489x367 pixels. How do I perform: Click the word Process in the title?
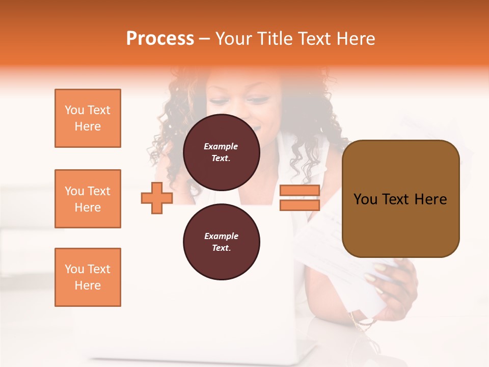pyautogui.click(x=160, y=39)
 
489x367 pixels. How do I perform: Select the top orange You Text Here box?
pyautogui.click(x=88, y=118)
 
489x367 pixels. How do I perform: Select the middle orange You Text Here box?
pyautogui.click(x=88, y=199)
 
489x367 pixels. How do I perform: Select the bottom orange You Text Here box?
pyautogui.click(x=88, y=277)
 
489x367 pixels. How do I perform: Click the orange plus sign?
pyautogui.click(x=157, y=198)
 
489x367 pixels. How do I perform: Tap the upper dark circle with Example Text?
pyautogui.click(x=221, y=152)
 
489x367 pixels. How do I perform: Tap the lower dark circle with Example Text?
pyautogui.click(x=221, y=242)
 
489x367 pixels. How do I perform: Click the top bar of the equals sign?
pyautogui.click(x=300, y=191)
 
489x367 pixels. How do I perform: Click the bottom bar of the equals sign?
pyautogui.click(x=300, y=205)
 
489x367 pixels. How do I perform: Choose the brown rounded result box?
pyautogui.click(x=400, y=198)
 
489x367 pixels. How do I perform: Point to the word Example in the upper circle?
pyautogui.click(x=221, y=146)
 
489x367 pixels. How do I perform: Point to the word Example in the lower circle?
pyautogui.click(x=221, y=236)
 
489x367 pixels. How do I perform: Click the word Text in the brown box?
pyautogui.click(x=396, y=199)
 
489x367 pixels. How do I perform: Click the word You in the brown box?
pyautogui.click(x=365, y=199)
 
